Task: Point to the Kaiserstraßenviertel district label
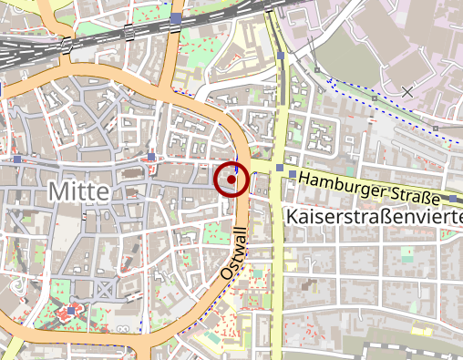point(375,217)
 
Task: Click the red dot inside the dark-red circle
point(231,180)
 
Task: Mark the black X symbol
point(407,90)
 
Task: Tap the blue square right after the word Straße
point(452,199)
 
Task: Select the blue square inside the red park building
point(72,311)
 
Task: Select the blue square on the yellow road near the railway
point(282,57)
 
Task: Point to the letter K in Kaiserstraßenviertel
point(293,217)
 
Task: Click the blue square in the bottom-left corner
point(15,345)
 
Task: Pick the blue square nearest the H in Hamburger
point(291,174)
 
